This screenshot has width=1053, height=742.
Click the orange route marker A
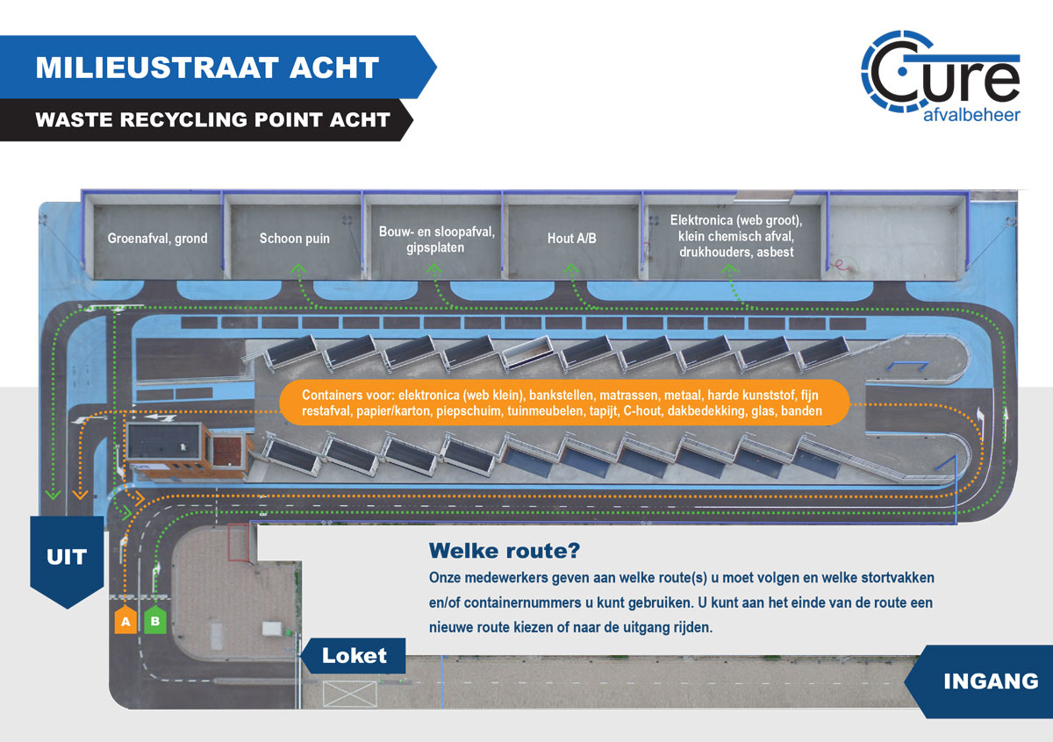125,619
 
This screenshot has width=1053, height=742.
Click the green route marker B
155,619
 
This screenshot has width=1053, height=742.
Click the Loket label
353,655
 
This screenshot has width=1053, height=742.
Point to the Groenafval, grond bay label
157,239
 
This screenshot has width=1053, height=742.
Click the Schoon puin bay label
294,239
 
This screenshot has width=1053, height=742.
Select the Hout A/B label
571,239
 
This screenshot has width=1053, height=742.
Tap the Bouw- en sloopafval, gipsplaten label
436,239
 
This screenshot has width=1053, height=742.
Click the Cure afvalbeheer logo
941,76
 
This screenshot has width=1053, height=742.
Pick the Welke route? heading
505,550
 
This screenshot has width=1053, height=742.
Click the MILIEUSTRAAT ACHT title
207,68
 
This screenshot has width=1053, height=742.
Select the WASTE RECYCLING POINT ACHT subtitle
212,119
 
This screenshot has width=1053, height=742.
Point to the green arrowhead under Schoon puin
298,268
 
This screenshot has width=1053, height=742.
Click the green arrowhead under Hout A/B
571,268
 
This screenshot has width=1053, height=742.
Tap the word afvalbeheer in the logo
971,115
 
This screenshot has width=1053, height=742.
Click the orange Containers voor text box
564,403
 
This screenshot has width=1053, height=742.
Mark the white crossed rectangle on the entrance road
350,694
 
